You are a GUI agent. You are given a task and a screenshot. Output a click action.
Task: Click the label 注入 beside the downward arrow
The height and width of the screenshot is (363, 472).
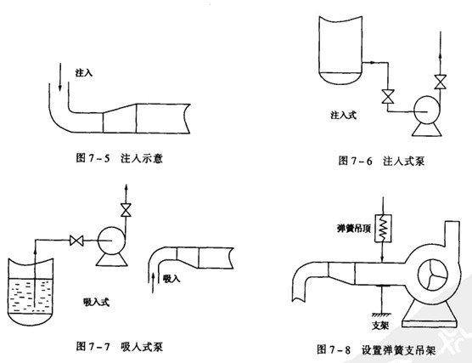click(x=84, y=72)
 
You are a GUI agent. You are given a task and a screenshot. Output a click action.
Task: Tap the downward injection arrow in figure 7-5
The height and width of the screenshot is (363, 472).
click(x=60, y=77)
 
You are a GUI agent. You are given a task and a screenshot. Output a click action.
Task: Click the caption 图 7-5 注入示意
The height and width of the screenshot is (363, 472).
click(x=120, y=158)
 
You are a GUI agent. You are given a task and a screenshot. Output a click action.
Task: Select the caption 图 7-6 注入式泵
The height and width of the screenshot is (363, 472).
click(x=381, y=161)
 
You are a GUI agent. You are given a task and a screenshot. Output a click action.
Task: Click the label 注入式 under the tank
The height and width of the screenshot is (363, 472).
click(x=343, y=115)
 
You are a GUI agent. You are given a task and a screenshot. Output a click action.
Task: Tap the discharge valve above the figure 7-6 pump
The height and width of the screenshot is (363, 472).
click(x=440, y=82)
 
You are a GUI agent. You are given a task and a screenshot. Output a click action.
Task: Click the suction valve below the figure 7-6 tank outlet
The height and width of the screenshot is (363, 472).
click(x=388, y=96)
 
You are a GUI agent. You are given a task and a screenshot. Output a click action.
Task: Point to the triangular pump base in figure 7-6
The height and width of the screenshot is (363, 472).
click(x=427, y=129)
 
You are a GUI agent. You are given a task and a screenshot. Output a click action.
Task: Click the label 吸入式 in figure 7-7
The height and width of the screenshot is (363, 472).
click(x=96, y=302)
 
